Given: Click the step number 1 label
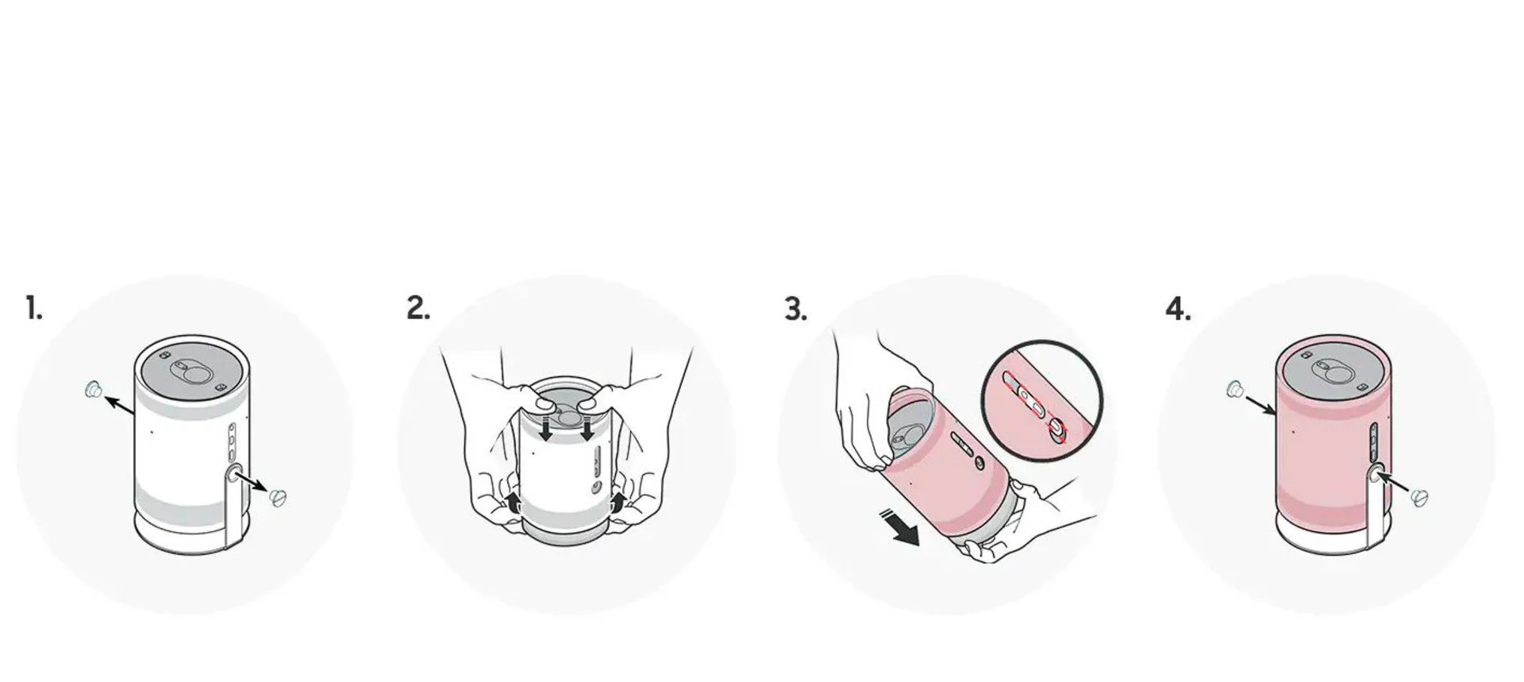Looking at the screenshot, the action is click(x=33, y=308).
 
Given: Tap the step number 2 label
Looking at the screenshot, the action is click(x=418, y=308).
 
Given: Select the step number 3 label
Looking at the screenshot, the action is click(x=796, y=308).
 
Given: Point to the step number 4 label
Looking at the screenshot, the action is click(x=1178, y=308).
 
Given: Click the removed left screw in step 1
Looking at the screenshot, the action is click(x=94, y=389).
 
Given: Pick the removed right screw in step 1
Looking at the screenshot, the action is click(x=277, y=498).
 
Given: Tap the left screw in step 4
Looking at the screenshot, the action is click(x=1234, y=389).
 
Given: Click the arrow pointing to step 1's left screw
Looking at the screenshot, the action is click(x=120, y=405).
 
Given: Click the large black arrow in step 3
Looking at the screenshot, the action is click(x=899, y=528).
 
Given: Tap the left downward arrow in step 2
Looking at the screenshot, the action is click(x=546, y=427).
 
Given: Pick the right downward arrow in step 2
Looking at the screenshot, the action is click(x=587, y=427).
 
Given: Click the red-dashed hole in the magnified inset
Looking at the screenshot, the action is click(x=1056, y=430).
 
